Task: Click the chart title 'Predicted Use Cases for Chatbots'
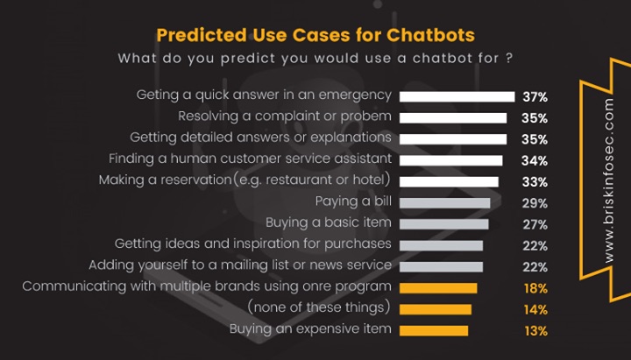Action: point(315,35)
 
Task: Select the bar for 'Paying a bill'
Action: point(444,203)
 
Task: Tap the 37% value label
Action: point(535,96)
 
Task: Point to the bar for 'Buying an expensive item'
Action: point(434,330)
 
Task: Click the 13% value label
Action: point(535,330)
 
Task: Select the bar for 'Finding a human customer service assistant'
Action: point(450,160)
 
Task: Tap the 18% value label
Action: point(535,288)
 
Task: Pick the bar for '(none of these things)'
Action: point(436,309)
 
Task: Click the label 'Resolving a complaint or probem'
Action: point(284,117)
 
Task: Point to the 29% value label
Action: point(535,203)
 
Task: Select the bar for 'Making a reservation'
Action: point(449,181)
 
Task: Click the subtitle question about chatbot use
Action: point(315,59)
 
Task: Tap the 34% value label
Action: point(535,160)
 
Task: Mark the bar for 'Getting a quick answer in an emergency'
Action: point(457,96)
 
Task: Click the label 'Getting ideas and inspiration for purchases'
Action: point(252,245)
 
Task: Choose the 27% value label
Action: point(535,224)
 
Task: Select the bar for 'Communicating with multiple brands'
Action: point(438,288)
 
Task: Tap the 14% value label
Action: point(535,309)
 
